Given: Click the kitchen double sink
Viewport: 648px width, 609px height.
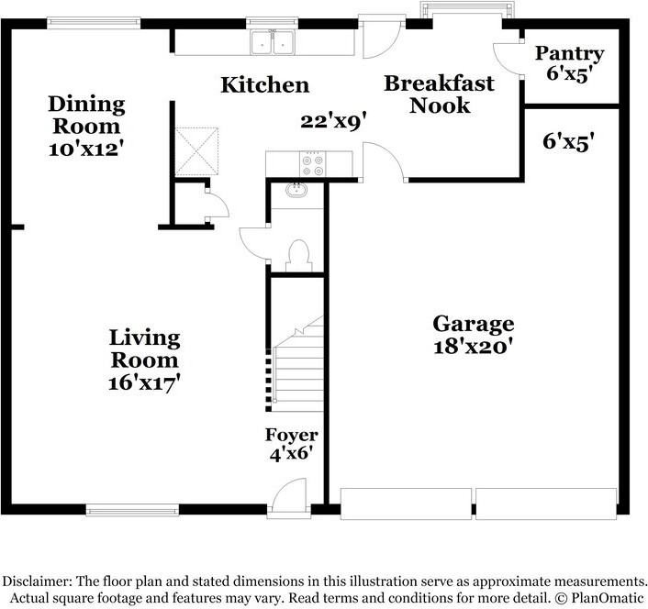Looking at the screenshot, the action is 273,42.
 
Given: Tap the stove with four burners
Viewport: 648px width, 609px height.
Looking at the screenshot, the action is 312,164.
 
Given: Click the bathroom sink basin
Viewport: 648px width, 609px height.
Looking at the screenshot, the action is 296,190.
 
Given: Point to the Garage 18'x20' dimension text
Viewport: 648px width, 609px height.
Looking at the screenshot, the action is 474,347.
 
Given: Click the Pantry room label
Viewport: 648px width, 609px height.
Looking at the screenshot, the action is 569,54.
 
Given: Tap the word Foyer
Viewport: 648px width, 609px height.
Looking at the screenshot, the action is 291,435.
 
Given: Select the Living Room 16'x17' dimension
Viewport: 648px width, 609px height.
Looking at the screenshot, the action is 144,383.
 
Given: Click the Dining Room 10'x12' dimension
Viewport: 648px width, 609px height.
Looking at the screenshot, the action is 86,149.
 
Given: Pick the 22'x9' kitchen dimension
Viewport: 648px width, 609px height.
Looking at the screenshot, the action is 333,122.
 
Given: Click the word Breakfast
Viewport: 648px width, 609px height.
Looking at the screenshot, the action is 440,83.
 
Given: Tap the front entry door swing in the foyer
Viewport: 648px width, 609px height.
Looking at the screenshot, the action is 289,493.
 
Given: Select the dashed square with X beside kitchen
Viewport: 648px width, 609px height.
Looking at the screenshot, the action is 196,151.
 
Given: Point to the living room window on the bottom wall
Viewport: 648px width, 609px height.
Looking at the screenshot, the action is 132,510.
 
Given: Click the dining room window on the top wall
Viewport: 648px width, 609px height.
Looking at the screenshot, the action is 94,23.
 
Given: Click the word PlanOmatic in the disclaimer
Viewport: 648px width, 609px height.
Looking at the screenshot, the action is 607,597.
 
